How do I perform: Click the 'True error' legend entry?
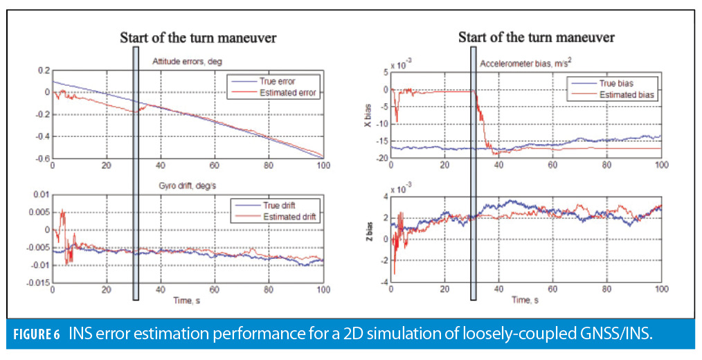[298, 80]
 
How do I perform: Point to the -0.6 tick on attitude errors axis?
[42, 159]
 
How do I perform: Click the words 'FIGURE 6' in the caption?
[37, 336]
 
